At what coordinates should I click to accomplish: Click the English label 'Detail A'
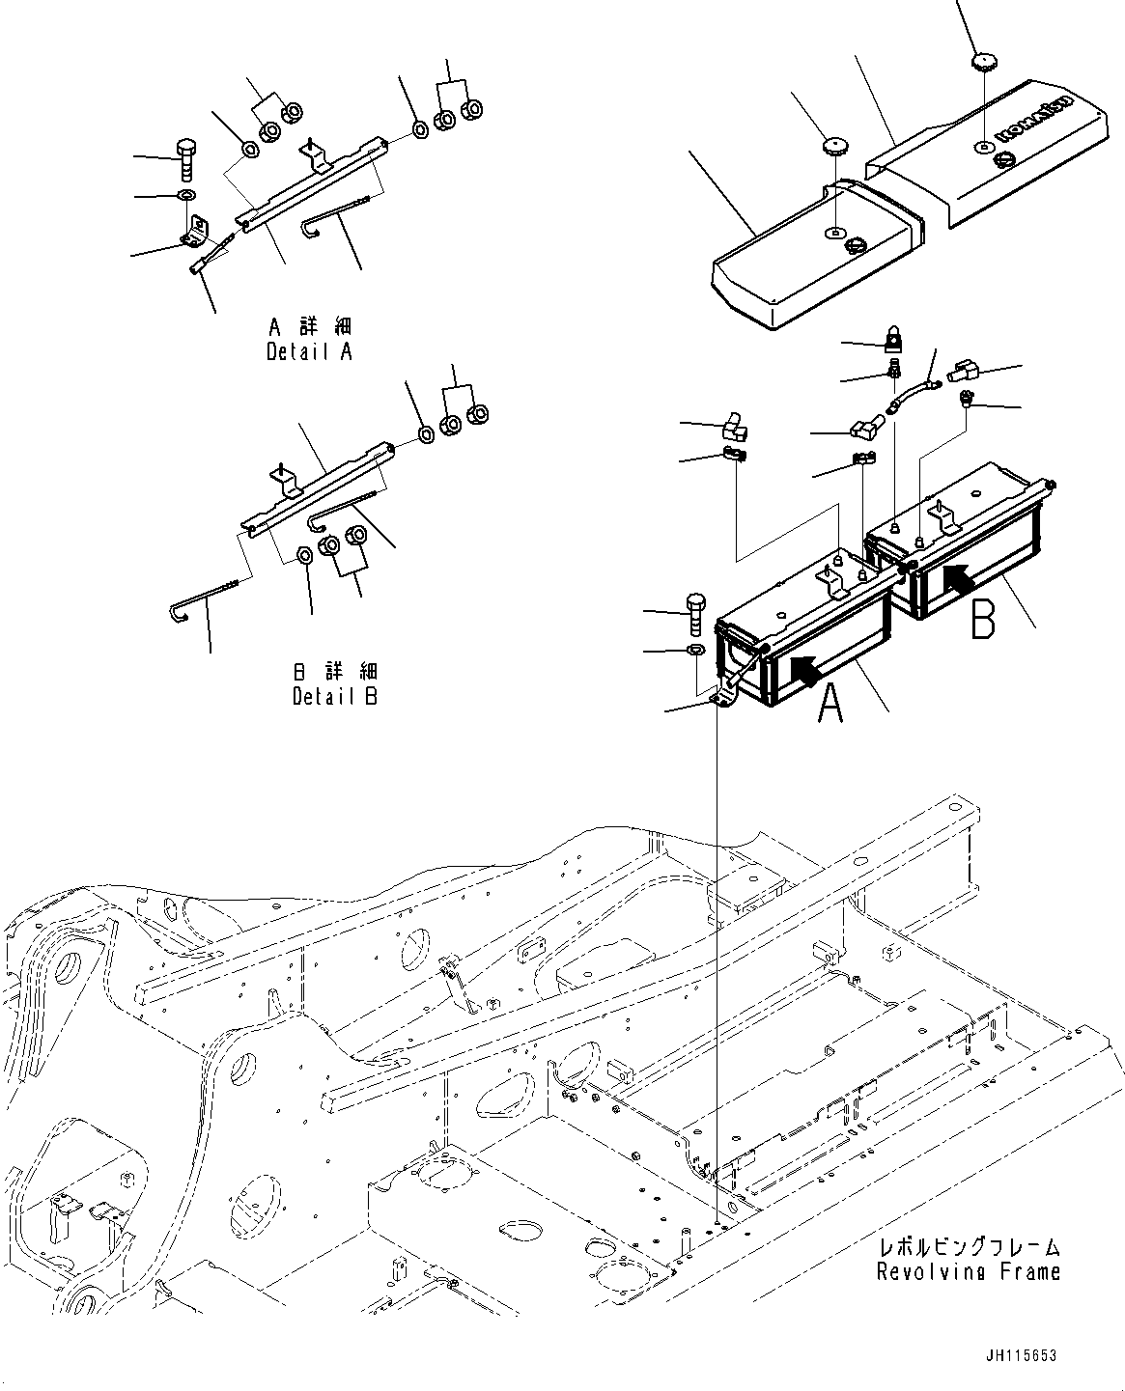(309, 352)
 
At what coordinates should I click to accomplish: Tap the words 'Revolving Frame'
(968, 1271)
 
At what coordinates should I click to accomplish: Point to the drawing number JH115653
(1023, 1356)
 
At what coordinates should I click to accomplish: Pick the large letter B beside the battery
(982, 621)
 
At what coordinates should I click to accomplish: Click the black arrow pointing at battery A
(807, 668)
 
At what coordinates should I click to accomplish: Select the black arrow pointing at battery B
(960, 579)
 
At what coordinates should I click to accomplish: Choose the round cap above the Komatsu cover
(984, 61)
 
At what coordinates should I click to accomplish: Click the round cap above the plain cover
(833, 147)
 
